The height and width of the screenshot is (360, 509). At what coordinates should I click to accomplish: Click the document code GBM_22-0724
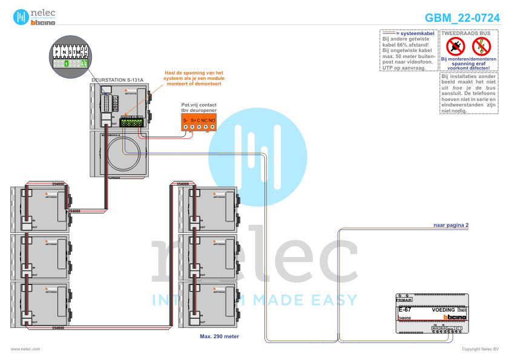462,18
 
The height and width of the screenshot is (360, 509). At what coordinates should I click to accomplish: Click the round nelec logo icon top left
21,16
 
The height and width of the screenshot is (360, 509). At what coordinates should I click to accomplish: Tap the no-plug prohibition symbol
455,45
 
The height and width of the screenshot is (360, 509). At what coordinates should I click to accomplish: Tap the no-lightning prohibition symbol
482,45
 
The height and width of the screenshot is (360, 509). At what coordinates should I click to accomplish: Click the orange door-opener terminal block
199,122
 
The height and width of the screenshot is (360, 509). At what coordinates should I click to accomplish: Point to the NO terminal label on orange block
212,120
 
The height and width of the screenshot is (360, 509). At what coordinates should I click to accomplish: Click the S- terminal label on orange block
186,120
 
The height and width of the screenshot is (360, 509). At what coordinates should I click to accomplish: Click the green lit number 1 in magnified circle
66,63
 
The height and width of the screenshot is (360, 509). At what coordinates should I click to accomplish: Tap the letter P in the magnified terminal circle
56,53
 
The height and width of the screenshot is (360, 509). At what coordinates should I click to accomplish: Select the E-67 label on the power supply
405,309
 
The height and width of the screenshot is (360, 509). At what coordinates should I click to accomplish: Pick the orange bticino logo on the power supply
455,317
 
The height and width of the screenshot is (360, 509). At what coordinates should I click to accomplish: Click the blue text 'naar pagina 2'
451,225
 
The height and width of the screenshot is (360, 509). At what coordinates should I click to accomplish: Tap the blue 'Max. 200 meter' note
220,335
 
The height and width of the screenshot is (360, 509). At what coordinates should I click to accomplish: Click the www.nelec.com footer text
25,349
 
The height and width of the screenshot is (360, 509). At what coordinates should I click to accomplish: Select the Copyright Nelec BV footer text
480,349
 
